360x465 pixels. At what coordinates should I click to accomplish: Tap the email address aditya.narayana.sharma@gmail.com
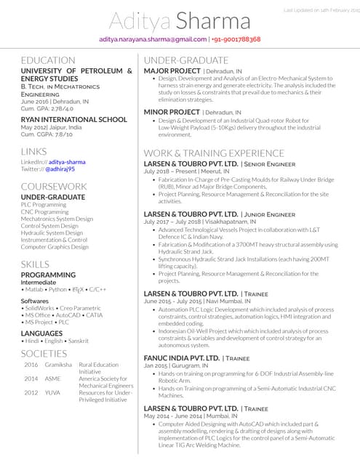point(153,39)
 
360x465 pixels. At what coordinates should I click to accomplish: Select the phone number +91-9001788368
point(237,39)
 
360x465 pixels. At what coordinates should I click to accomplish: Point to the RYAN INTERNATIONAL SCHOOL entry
point(73,119)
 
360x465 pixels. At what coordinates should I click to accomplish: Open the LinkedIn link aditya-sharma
point(67,161)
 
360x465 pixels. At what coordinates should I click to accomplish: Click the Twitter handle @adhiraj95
point(60,169)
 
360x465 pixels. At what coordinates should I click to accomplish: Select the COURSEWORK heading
point(54,187)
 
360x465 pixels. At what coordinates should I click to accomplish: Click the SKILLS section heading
point(35,264)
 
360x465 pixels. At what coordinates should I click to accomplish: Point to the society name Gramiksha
point(57,365)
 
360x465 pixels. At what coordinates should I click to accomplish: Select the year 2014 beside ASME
point(31,379)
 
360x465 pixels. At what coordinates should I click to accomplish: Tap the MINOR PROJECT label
point(172,113)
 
